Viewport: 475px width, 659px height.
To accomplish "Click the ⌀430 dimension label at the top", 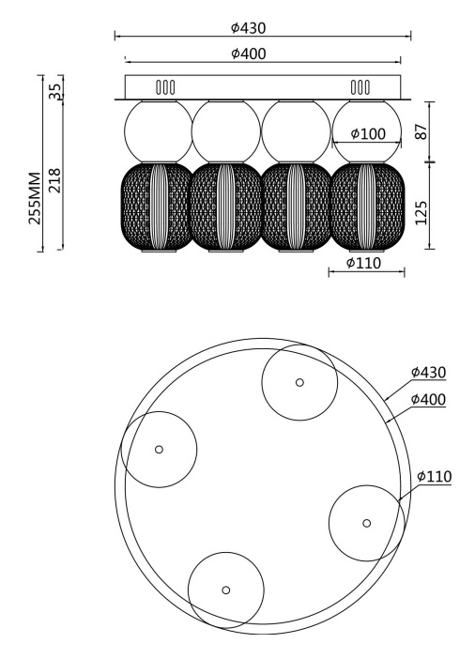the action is coord(249,28).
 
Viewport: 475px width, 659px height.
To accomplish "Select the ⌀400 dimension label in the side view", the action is coord(249,54).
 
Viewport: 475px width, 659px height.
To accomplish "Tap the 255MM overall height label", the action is coord(35,198).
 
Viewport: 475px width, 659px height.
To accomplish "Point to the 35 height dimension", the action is coord(54,91).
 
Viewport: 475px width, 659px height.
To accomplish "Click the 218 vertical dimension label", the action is coord(54,180).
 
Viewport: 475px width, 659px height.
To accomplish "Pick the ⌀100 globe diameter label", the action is coord(368,134).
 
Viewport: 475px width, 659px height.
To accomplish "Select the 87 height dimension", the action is coord(421,131).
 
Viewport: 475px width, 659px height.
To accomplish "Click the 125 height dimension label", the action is coord(421,213).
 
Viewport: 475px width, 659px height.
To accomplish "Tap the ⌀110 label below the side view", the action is coord(363,263).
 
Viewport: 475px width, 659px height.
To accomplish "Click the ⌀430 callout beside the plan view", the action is coord(428,373).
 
